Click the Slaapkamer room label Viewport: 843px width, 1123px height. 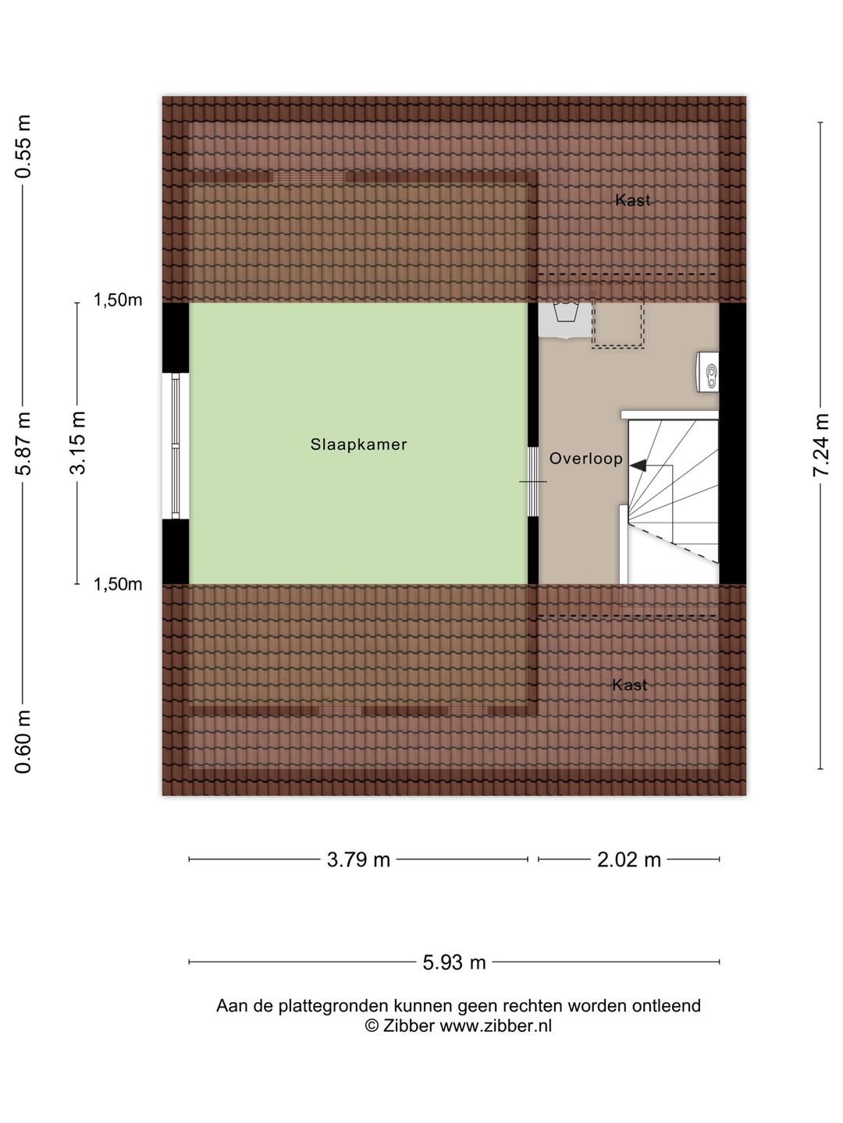tap(358, 444)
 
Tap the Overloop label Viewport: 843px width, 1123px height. tap(585, 459)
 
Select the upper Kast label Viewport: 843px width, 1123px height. tap(632, 200)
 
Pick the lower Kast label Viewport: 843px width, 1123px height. tap(630, 685)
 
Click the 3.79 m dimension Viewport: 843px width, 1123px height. tap(358, 859)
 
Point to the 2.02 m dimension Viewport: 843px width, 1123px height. tap(629, 859)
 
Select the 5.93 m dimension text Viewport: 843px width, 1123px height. tap(454, 962)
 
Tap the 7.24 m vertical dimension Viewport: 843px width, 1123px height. tap(821, 445)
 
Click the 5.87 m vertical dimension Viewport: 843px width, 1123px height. tap(23, 444)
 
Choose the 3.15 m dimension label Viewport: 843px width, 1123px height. tap(78, 443)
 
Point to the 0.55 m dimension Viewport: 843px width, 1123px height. tap(23, 147)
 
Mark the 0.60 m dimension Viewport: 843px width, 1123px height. tap(23, 742)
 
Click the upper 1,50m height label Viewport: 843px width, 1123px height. tap(118, 299)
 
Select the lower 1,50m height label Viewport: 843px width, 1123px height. tap(118, 584)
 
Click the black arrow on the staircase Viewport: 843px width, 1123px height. tap(638, 466)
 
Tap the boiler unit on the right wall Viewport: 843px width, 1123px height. tap(707, 372)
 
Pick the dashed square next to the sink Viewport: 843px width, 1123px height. tap(617, 315)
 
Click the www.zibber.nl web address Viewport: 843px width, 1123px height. tap(496, 1026)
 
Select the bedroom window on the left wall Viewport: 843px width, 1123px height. tap(176, 445)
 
